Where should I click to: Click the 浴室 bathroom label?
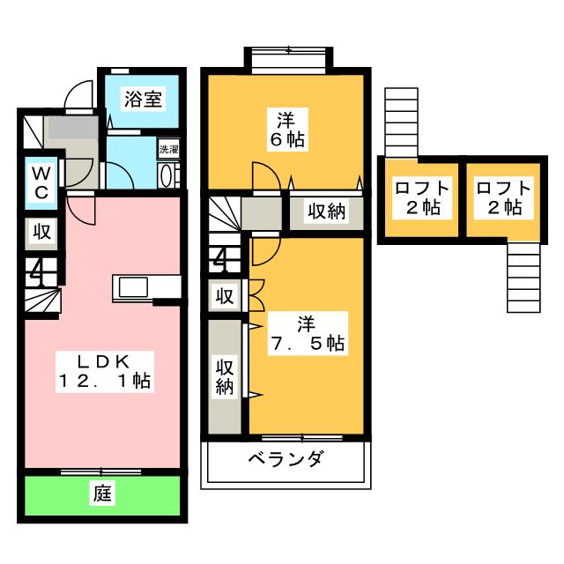point(143,99)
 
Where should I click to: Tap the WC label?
point(41,182)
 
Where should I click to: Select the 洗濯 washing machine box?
point(168,149)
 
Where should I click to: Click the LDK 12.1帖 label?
point(105,371)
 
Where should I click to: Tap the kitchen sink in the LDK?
point(133,287)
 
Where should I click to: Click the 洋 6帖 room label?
point(287,130)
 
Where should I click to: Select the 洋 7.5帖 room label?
point(308,333)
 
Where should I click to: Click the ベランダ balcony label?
point(286,459)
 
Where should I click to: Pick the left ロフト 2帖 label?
point(422,197)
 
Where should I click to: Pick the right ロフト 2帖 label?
point(503,197)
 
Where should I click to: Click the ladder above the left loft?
point(402,122)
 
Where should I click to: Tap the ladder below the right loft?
point(523,278)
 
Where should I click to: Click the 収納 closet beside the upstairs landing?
point(326,212)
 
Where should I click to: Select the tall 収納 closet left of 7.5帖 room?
point(225,376)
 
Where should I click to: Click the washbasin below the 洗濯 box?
point(168,175)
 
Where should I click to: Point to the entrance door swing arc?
point(78,94)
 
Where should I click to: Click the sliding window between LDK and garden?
point(101,471)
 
